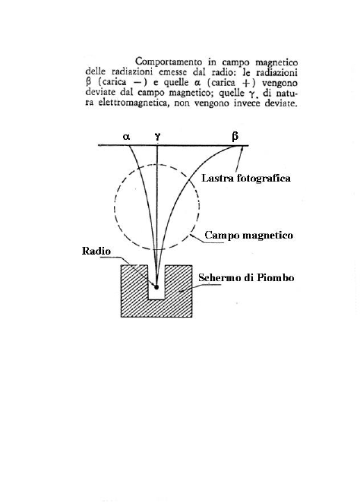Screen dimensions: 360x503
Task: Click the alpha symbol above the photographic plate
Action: [x=126, y=137]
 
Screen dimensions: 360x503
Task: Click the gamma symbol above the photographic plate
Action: [x=157, y=137]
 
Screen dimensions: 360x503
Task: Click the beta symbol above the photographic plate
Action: [x=235, y=137]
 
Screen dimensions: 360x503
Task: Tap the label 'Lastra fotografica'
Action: [x=246, y=178]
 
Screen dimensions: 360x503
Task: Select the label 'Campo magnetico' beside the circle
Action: [x=249, y=235]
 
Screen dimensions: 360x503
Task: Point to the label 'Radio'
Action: [x=96, y=251]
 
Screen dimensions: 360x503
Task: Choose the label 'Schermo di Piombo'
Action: [x=246, y=277]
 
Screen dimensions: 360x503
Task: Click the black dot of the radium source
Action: [x=156, y=286]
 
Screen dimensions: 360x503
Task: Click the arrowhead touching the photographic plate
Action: [x=241, y=149]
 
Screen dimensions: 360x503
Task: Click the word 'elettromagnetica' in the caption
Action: [x=133, y=103]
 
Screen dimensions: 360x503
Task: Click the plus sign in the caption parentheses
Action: [x=246, y=83]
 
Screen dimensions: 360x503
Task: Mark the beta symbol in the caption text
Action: [x=89, y=82]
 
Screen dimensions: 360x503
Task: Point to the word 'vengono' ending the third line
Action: [x=279, y=83]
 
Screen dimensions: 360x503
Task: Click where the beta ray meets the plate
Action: [x=241, y=146]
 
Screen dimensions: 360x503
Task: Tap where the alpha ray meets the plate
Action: [x=128, y=146]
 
